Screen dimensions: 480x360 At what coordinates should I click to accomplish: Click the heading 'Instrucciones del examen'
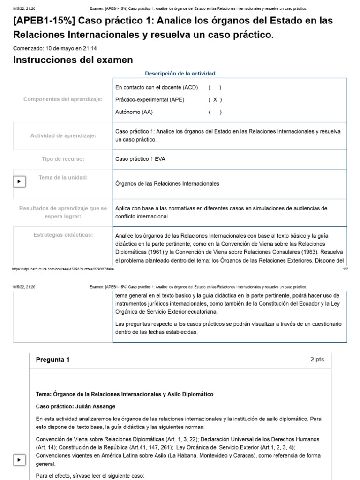click(73, 60)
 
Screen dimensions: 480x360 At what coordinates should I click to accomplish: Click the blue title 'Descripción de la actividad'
click(180, 74)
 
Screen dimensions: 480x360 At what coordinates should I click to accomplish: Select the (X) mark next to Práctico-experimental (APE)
click(215, 99)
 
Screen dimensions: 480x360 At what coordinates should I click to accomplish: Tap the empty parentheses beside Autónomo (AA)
click(215, 112)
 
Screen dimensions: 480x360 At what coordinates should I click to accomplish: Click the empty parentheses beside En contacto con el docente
click(215, 87)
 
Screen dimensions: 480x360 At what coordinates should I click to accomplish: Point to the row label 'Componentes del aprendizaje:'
click(63, 99)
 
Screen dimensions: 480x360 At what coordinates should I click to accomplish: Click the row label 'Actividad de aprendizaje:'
click(63, 135)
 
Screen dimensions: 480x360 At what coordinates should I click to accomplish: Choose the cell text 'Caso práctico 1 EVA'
click(140, 159)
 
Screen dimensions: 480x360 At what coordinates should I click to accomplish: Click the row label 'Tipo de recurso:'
click(63, 159)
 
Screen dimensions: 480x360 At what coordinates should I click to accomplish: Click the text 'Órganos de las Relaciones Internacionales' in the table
click(167, 183)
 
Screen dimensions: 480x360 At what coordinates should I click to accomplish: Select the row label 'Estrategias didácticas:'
click(63, 234)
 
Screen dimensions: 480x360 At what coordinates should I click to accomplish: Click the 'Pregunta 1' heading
click(52, 360)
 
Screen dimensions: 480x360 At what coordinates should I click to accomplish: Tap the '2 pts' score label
click(317, 360)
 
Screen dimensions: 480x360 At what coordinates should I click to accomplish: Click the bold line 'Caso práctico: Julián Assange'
click(75, 406)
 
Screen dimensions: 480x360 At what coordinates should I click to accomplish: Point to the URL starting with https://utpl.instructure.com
click(63, 269)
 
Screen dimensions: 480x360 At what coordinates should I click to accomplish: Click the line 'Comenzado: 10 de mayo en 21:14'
click(55, 48)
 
